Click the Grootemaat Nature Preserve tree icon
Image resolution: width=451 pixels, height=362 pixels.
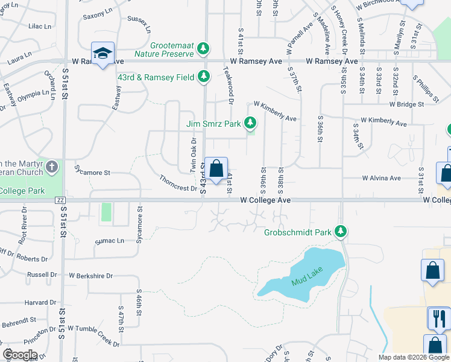[x=204, y=48]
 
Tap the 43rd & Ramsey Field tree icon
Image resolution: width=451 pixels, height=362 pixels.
[x=204, y=77]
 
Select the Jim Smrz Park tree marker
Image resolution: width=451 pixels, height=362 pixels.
[x=250, y=124]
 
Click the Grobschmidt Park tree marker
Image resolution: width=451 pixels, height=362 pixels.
[x=341, y=231]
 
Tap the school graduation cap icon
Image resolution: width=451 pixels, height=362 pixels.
[x=102, y=53]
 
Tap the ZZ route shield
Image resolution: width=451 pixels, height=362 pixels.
[x=59, y=200]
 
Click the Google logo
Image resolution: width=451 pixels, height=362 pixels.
[x=20, y=354]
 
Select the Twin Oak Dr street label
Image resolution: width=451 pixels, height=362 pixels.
[x=194, y=155]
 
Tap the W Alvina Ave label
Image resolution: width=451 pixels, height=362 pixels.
[x=381, y=178]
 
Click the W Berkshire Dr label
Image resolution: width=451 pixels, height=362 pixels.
[x=90, y=276]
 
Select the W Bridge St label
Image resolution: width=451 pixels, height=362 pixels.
[x=407, y=104]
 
